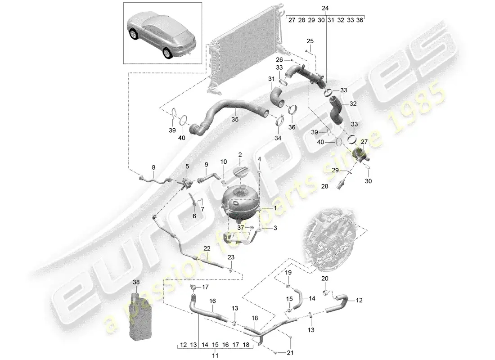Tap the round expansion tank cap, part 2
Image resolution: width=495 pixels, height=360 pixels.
tap(241, 173)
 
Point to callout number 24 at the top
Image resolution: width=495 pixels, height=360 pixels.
tap(325, 9)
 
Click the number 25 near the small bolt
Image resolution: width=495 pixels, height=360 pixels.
tap(310, 41)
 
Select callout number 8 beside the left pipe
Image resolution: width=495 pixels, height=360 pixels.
tap(153, 167)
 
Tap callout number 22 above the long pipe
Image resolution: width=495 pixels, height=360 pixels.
tap(207, 248)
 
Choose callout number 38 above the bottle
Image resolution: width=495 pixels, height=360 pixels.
tap(137, 282)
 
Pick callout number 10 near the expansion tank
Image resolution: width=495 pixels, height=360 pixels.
tap(224, 161)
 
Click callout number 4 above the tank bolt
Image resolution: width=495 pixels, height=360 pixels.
tap(259, 159)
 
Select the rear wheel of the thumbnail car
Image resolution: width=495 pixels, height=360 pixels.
tap(167, 54)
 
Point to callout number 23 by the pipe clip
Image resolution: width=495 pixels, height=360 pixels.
tap(231, 257)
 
